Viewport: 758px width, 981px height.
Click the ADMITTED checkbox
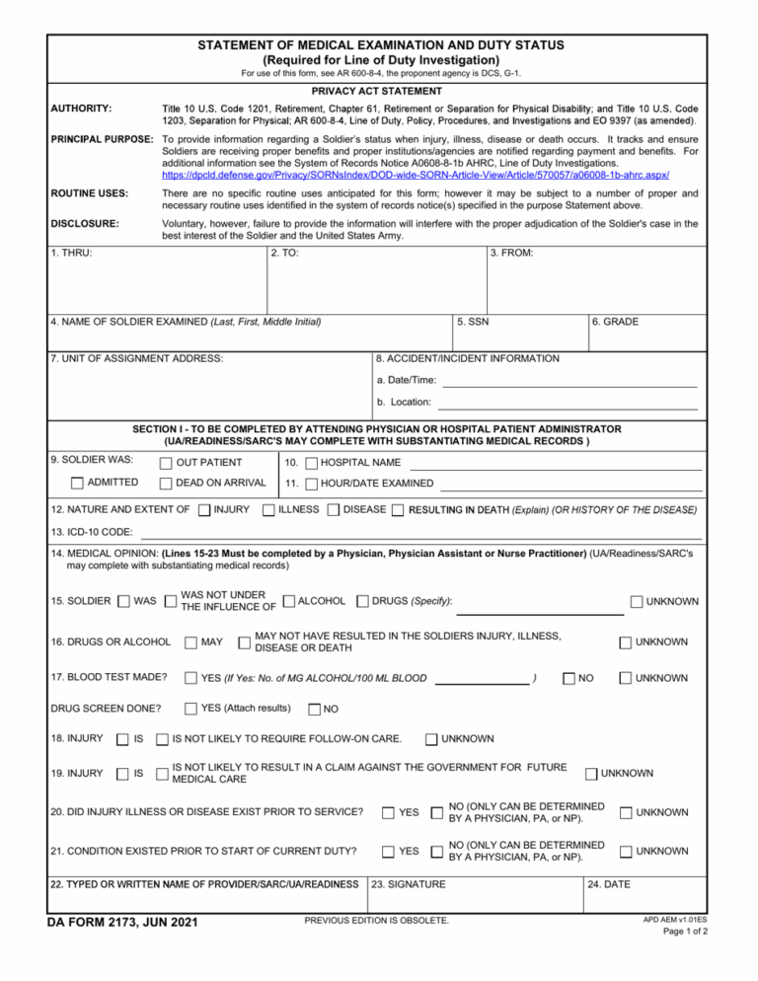(x=78, y=484)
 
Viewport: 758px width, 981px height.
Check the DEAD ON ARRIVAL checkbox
(x=166, y=484)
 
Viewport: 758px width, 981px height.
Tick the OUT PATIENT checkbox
(x=166, y=463)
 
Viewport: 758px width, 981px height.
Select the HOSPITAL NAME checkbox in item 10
(x=312, y=463)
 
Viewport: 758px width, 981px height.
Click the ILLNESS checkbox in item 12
(x=267, y=510)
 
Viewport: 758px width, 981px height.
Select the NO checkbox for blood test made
(x=568, y=679)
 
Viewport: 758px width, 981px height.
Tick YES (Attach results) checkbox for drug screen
(x=190, y=708)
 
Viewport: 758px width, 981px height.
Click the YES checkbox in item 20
(x=389, y=812)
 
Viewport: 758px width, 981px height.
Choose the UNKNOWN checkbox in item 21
(x=625, y=851)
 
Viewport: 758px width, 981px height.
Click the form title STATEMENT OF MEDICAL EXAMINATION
(x=380, y=45)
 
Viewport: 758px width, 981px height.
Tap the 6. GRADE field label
(x=613, y=321)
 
